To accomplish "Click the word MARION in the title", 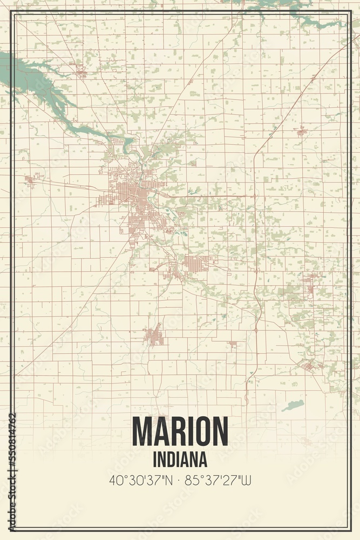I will [x=180, y=431].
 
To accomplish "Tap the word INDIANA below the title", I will [x=180, y=460].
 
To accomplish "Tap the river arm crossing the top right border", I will [x=318, y=22].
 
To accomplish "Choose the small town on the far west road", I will [x=30, y=180].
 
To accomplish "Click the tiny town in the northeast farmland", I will [x=301, y=131].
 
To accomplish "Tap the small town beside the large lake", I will [x=81, y=70].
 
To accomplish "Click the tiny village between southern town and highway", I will [x=232, y=343].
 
